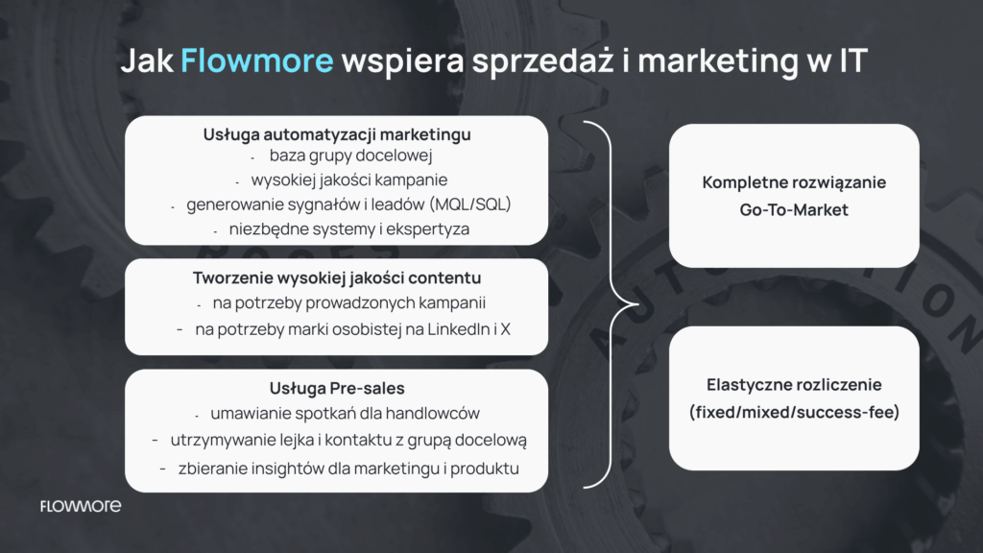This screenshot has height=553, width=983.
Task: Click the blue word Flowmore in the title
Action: pos(257,60)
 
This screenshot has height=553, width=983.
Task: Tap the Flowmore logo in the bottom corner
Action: pos(81,506)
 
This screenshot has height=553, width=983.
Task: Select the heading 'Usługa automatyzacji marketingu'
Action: pos(337,134)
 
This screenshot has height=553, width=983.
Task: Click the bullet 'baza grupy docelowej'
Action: pos(350,156)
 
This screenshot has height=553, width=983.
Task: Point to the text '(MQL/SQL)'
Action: pos(470,204)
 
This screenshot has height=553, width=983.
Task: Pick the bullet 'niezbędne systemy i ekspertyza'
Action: pos(349,228)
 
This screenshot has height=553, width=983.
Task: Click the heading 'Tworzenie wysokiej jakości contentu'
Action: pos(337,277)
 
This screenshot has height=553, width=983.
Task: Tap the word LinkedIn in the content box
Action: pos(458,329)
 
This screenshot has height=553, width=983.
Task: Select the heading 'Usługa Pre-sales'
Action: pos(337,388)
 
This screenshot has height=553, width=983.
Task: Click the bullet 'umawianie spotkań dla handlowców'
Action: pos(345,414)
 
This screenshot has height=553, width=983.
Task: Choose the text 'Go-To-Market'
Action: pos(794,209)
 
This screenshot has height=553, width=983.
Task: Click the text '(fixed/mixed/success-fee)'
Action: pos(794,412)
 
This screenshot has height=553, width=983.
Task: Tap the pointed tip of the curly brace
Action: pos(637,304)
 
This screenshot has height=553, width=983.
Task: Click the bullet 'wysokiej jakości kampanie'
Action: pos(349,180)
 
